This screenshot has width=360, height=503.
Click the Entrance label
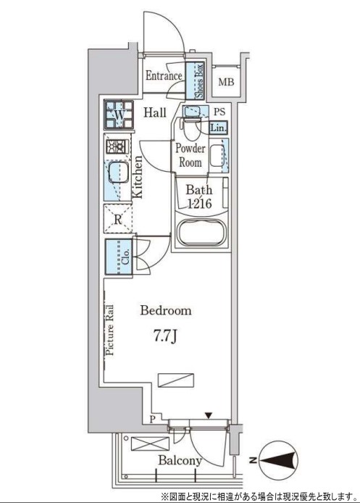coord(164,76)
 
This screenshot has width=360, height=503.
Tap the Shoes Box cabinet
coord(196,81)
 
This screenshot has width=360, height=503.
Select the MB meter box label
coord(226,82)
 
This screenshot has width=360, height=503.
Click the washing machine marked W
coord(119,115)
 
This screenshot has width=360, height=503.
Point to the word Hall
coord(155,112)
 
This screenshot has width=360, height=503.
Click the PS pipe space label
coord(219,112)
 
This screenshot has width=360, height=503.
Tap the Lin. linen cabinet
coord(219,128)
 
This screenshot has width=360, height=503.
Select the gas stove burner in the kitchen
coord(117,147)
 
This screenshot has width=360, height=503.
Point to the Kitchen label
coord(138,178)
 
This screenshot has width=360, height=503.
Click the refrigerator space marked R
coord(118,219)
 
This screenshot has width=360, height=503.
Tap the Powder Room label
coord(190,155)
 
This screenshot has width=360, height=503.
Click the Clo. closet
coord(119,257)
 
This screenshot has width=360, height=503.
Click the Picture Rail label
coord(109,330)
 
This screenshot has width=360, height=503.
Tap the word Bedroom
coord(166,310)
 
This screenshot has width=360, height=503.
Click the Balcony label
coord(180,461)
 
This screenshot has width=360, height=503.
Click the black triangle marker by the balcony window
coord(209,416)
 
